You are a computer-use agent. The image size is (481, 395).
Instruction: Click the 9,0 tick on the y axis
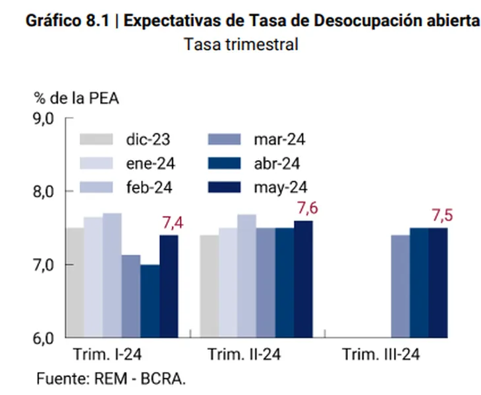pyautogui.click(x=47, y=118)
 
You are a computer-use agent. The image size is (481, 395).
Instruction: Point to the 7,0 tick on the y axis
pyautogui.click(x=47, y=265)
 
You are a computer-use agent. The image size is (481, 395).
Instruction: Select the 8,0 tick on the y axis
pyautogui.click(x=47, y=192)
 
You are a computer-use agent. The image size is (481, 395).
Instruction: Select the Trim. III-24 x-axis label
pyautogui.click(x=381, y=355)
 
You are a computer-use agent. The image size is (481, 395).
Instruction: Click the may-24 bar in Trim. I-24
pyautogui.click(x=169, y=286)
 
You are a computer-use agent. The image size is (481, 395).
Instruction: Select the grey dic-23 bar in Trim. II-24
pyautogui.click(x=209, y=286)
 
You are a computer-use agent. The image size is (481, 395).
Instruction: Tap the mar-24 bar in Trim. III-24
pyautogui.click(x=400, y=286)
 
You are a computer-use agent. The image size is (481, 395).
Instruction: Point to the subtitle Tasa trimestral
pyautogui.click(x=241, y=45)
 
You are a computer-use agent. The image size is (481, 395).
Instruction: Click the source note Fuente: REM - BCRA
pyautogui.click(x=111, y=379)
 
